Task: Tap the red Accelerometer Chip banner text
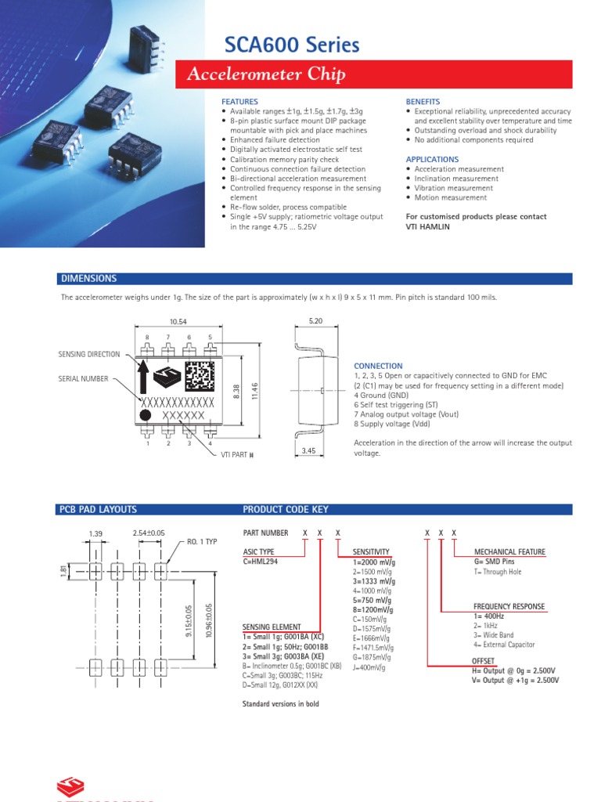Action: (266, 75)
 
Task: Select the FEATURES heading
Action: (239, 102)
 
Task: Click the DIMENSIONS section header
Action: (88, 279)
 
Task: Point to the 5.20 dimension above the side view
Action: (316, 322)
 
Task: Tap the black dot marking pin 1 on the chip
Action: (146, 414)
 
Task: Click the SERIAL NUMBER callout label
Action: (83, 378)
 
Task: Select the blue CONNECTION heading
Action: (378, 366)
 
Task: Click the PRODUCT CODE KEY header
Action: (286, 509)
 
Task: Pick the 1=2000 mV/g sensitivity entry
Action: (374, 562)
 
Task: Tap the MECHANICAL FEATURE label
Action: (509, 552)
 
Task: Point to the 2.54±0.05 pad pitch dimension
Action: (149, 533)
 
